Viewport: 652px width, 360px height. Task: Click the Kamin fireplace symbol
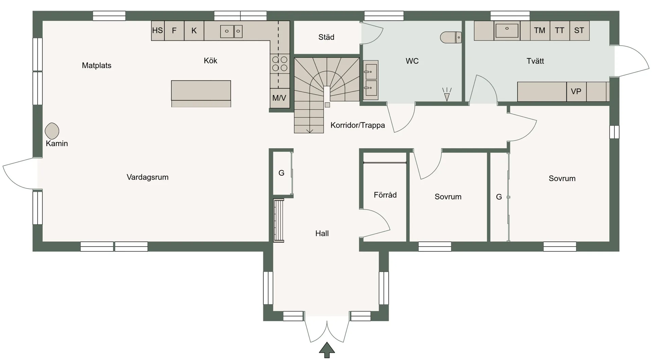point(52,131)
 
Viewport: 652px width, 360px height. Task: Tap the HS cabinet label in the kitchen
point(158,31)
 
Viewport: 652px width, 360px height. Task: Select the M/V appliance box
point(279,98)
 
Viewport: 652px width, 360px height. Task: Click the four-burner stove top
point(280,64)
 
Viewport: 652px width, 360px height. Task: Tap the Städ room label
point(326,37)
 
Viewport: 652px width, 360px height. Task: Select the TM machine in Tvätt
point(540,31)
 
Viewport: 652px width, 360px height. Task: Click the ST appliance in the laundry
point(579,31)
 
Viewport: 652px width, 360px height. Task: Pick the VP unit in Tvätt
point(576,91)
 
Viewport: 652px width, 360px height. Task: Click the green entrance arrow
point(327,350)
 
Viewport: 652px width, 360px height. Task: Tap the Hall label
point(322,233)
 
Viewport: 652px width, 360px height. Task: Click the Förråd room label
point(385,195)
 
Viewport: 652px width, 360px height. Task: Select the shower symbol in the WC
point(447,94)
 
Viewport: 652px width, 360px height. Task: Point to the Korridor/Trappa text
point(358,125)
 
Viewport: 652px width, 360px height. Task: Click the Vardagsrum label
point(147,177)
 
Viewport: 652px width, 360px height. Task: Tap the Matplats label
point(96,66)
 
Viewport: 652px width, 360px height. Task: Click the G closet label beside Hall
point(282,173)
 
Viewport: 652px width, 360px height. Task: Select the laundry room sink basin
point(507,31)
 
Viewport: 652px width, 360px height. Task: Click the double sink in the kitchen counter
point(231,31)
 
